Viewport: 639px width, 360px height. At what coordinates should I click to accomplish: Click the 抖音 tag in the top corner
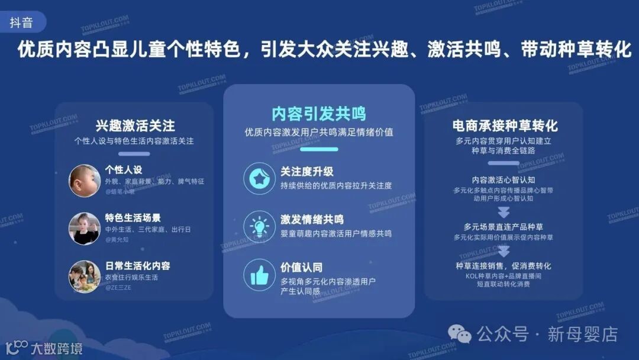21,23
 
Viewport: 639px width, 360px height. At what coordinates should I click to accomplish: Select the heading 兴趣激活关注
135,126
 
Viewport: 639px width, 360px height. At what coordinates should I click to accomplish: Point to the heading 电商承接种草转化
505,126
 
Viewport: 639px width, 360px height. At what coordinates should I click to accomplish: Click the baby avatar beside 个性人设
84,180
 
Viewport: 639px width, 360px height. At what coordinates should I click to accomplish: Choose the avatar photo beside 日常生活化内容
84,277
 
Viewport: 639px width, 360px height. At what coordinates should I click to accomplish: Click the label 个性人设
124,170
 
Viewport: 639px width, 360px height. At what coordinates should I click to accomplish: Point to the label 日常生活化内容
137,266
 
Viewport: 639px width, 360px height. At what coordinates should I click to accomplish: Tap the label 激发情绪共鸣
312,220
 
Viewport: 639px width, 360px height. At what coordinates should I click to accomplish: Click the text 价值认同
301,268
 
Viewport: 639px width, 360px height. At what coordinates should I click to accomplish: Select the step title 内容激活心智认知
504,179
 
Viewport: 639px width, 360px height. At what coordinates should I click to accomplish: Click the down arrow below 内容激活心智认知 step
504,213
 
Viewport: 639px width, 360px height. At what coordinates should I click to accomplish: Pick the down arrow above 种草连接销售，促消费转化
504,251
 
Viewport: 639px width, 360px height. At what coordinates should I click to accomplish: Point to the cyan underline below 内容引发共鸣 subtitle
318,149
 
